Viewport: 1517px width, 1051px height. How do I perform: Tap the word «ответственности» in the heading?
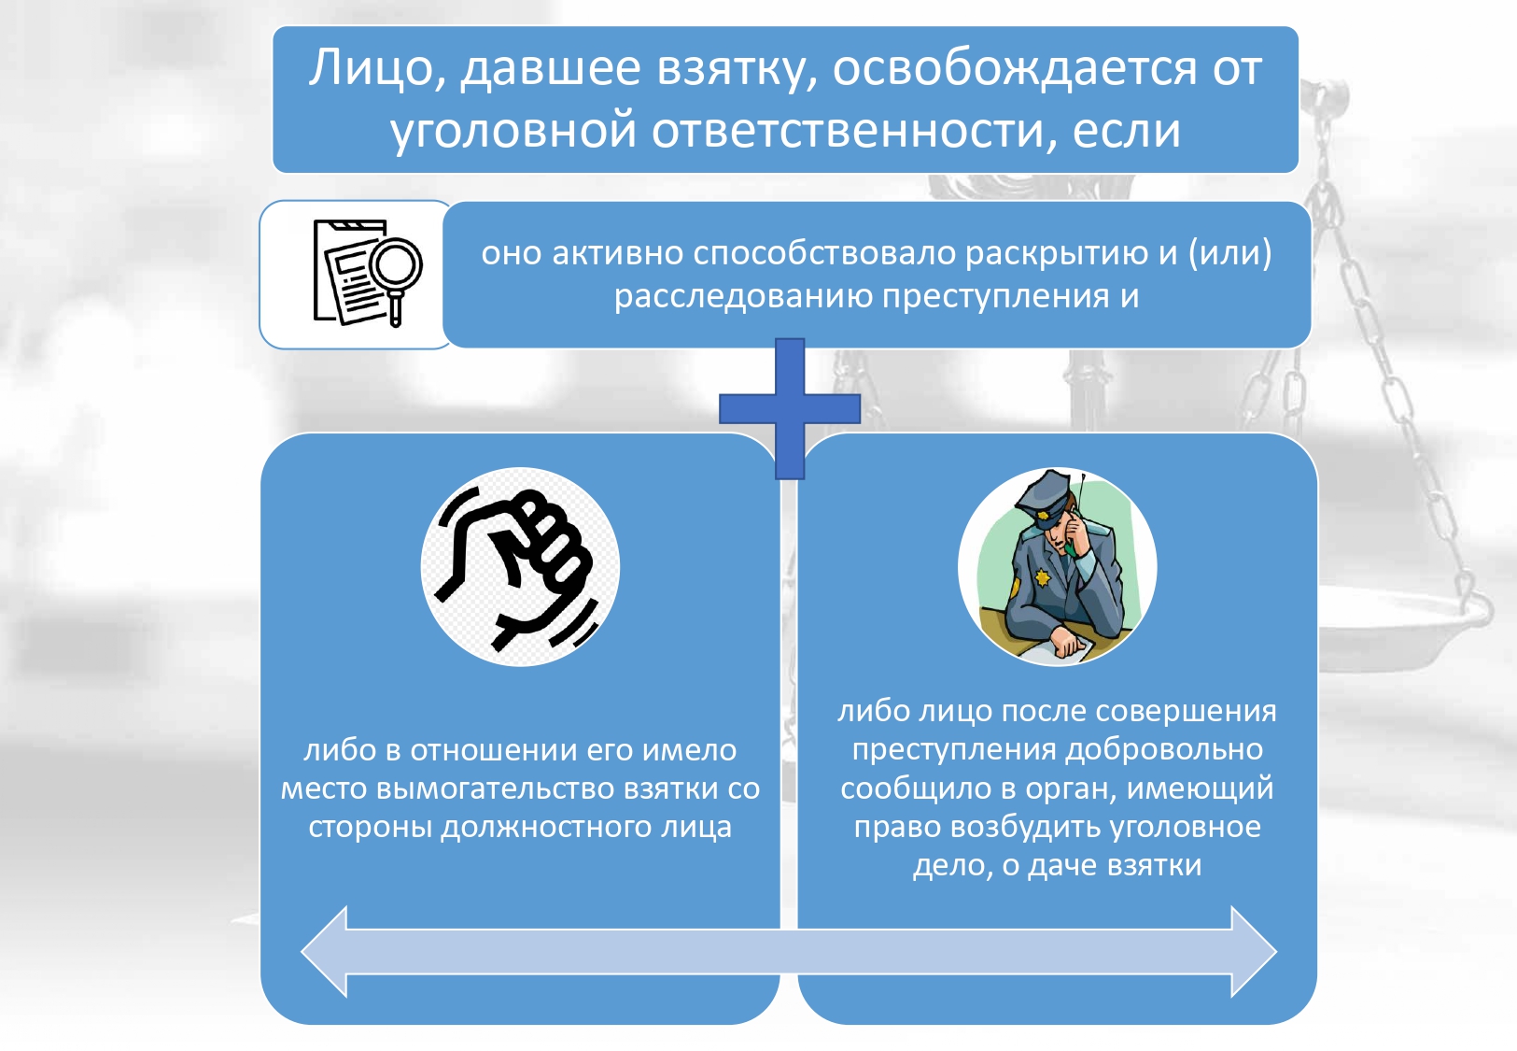[x=854, y=130]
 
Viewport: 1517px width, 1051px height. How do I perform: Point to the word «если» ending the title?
[x=1127, y=130]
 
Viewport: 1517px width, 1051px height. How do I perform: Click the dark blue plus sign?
[x=790, y=408]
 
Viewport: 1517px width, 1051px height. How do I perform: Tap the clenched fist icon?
[x=519, y=566]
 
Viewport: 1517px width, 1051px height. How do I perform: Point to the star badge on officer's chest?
[x=1042, y=578]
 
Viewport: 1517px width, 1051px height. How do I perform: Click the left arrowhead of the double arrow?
[x=324, y=951]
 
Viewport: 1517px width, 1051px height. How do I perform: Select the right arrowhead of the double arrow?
[x=1254, y=951]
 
